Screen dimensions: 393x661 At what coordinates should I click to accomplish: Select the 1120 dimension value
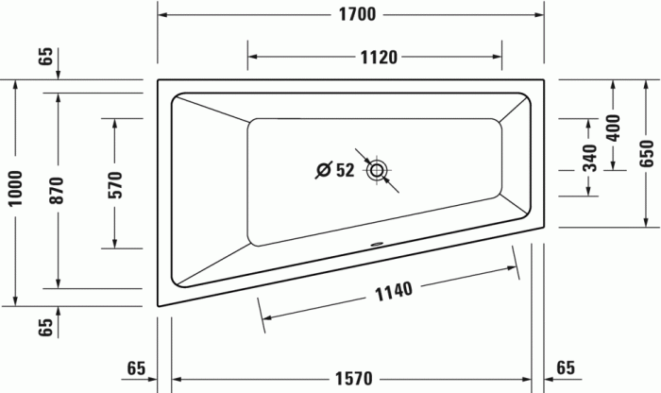(377, 56)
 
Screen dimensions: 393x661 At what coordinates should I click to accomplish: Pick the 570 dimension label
(115, 184)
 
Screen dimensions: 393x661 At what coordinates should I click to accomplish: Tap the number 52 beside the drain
(344, 170)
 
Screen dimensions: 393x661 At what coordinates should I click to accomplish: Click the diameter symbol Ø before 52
(322, 170)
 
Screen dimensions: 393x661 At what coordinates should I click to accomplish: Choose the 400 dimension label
(613, 126)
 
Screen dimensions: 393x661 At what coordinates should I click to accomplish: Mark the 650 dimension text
(646, 151)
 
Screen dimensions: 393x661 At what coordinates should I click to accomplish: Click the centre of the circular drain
(378, 170)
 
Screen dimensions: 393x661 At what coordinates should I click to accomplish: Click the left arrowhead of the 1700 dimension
(161, 14)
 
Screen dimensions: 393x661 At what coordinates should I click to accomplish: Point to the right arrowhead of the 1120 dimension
(499, 56)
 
